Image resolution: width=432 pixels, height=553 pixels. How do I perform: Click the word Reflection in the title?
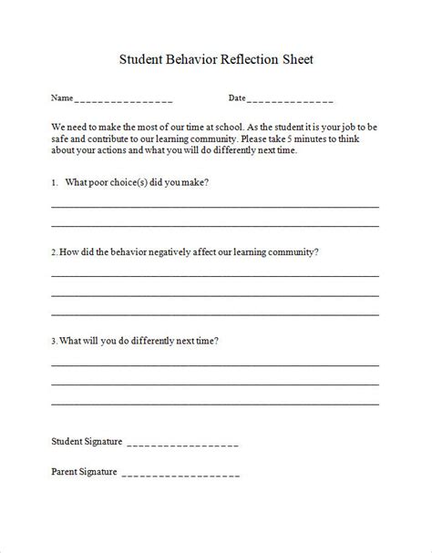pyautogui.click(x=240, y=60)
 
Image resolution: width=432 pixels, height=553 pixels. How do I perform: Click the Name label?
pyautogui.click(x=61, y=97)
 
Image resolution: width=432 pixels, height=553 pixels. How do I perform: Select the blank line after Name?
pyautogui.click(x=123, y=99)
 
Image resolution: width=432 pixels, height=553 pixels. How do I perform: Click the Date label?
pyautogui.click(x=236, y=97)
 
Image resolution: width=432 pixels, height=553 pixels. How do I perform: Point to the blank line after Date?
pyautogui.click(x=290, y=99)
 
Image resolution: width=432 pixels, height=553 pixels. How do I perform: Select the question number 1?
pyautogui.click(x=54, y=182)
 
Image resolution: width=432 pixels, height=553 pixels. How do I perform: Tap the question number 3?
pyautogui.click(x=54, y=342)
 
